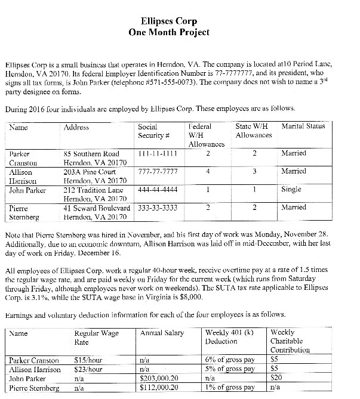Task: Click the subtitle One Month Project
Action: [x=180, y=33]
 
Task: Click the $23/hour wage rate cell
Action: [x=87, y=369]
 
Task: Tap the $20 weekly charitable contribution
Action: [x=275, y=378]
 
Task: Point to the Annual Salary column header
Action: [x=161, y=333]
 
